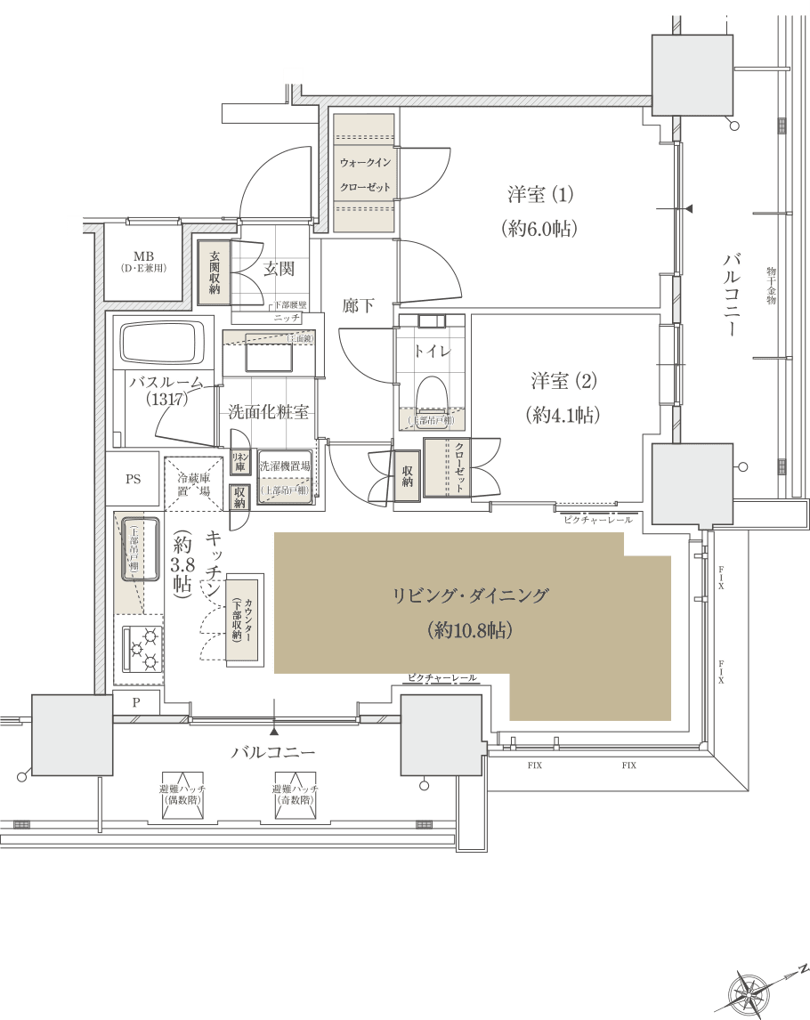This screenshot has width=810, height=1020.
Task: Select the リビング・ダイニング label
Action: click(471, 596)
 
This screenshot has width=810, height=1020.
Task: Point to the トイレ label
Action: click(433, 352)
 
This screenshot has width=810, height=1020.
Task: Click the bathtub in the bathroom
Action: click(162, 345)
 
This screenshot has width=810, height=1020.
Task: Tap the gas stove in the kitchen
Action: click(141, 648)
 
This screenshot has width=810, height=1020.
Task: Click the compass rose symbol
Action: click(749, 991)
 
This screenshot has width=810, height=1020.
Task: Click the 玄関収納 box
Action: click(215, 271)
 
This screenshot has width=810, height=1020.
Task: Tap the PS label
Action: click(133, 479)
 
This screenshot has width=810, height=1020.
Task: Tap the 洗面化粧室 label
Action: click(268, 411)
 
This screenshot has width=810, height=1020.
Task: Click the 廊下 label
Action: click(359, 305)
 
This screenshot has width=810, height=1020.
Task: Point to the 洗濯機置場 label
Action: click(285, 466)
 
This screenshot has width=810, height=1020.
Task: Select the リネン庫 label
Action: click(239, 460)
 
